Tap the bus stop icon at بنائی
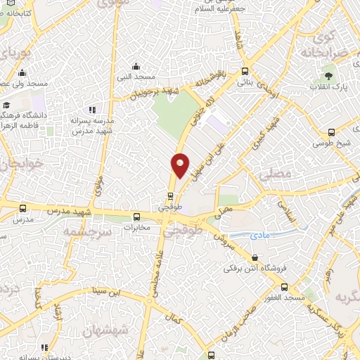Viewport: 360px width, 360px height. pyautogui.click(x=245, y=70)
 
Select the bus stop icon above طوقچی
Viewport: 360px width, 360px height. pyautogui.click(x=171, y=196)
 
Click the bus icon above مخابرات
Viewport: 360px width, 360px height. pyautogui.click(x=137, y=217)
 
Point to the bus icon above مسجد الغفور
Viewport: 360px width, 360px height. pyautogui.click(x=284, y=287)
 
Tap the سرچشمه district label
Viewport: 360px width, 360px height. pyautogui.click(x=86, y=231)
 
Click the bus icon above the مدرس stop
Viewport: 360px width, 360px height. pyautogui.click(x=23, y=208)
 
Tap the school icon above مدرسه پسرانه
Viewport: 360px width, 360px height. pyautogui.click(x=91, y=110)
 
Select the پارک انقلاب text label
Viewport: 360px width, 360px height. pyautogui.click(x=327, y=88)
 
